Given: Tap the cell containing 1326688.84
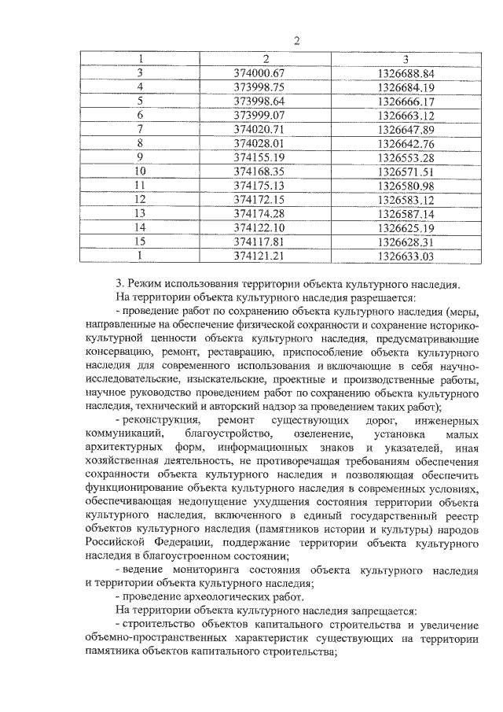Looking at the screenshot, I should (x=406, y=73).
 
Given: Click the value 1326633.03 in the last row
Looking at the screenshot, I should (x=406, y=255).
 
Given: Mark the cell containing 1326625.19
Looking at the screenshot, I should (x=406, y=227).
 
